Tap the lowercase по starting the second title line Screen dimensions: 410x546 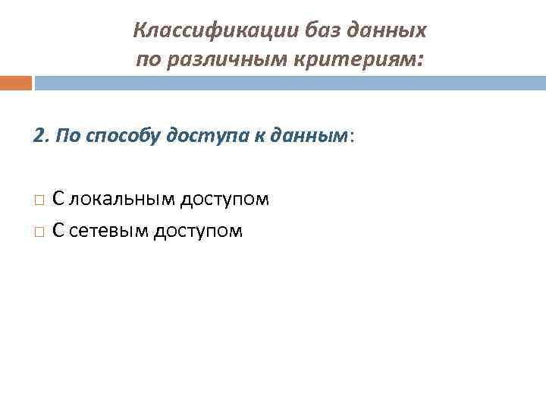pyautogui.click(x=147, y=59)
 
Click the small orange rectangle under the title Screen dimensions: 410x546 pyautogui.click(x=16, y=83)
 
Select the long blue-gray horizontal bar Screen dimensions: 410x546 pyautogui.click(x=290, y=83)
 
